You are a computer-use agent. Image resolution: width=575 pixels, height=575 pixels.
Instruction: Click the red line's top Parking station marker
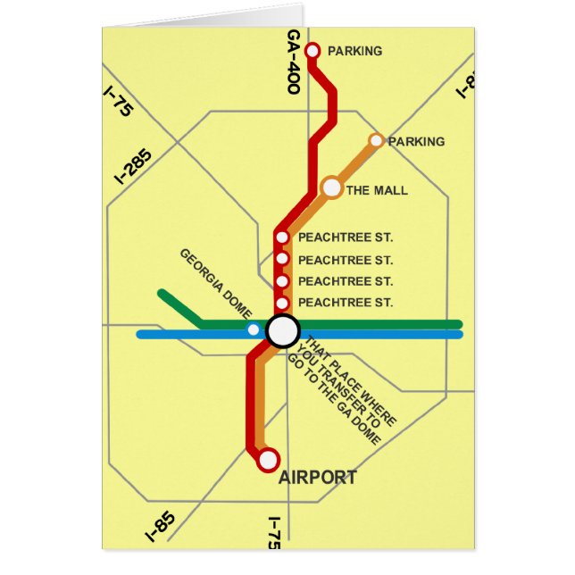pos(312,51)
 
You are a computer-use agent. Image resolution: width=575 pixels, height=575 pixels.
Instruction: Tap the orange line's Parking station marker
pos(377,140)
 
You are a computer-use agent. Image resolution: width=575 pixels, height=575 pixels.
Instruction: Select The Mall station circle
pos(332,187)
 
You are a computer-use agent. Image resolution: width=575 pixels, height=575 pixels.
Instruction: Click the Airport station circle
pos(267,461)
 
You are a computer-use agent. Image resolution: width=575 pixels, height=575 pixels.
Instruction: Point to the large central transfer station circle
pos(283,330)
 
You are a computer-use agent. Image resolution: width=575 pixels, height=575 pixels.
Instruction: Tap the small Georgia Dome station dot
pos(254,330)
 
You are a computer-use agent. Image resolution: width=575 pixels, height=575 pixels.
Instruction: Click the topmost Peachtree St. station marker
pos(282,237)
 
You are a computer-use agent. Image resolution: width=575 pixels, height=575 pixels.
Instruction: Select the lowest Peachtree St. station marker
pos(282,303)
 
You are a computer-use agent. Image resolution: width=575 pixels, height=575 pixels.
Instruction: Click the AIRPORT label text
pos(318,478)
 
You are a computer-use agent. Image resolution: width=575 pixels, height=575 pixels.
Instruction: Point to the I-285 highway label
pos(134,165)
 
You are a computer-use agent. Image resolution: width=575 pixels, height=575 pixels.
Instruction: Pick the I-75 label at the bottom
pos(275,533)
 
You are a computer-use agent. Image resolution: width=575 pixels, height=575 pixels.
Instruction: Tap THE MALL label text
pos(377,190)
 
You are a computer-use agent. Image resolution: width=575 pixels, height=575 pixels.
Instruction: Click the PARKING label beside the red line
pos(354,51)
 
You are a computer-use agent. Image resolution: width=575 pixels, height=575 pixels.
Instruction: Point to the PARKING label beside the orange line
pos(416,141)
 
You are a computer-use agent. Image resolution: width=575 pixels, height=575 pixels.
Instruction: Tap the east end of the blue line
pos(458,335)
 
